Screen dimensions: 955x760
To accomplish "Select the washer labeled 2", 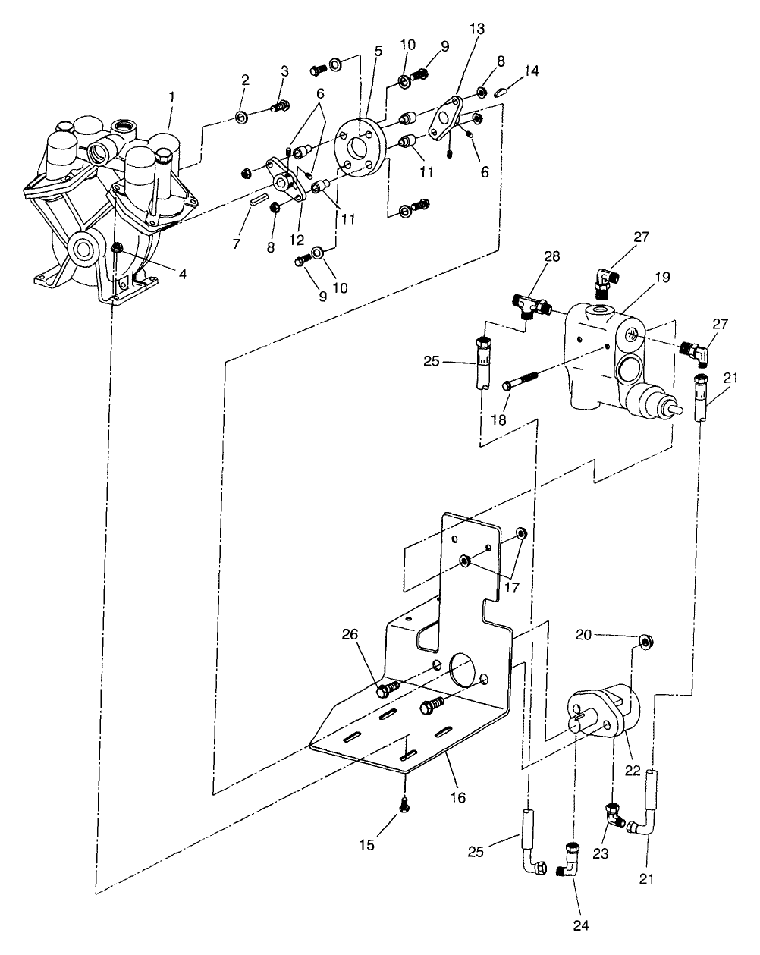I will (242, 117).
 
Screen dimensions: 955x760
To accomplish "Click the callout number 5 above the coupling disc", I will (378, 52).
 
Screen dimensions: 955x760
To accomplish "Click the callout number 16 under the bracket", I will (457, 797).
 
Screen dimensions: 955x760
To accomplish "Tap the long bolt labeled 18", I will (520, 380).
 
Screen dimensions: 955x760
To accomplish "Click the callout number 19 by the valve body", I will (662, 278).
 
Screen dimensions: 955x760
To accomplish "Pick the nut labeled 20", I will (647, 642).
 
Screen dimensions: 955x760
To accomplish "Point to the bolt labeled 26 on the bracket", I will (388, 689).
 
